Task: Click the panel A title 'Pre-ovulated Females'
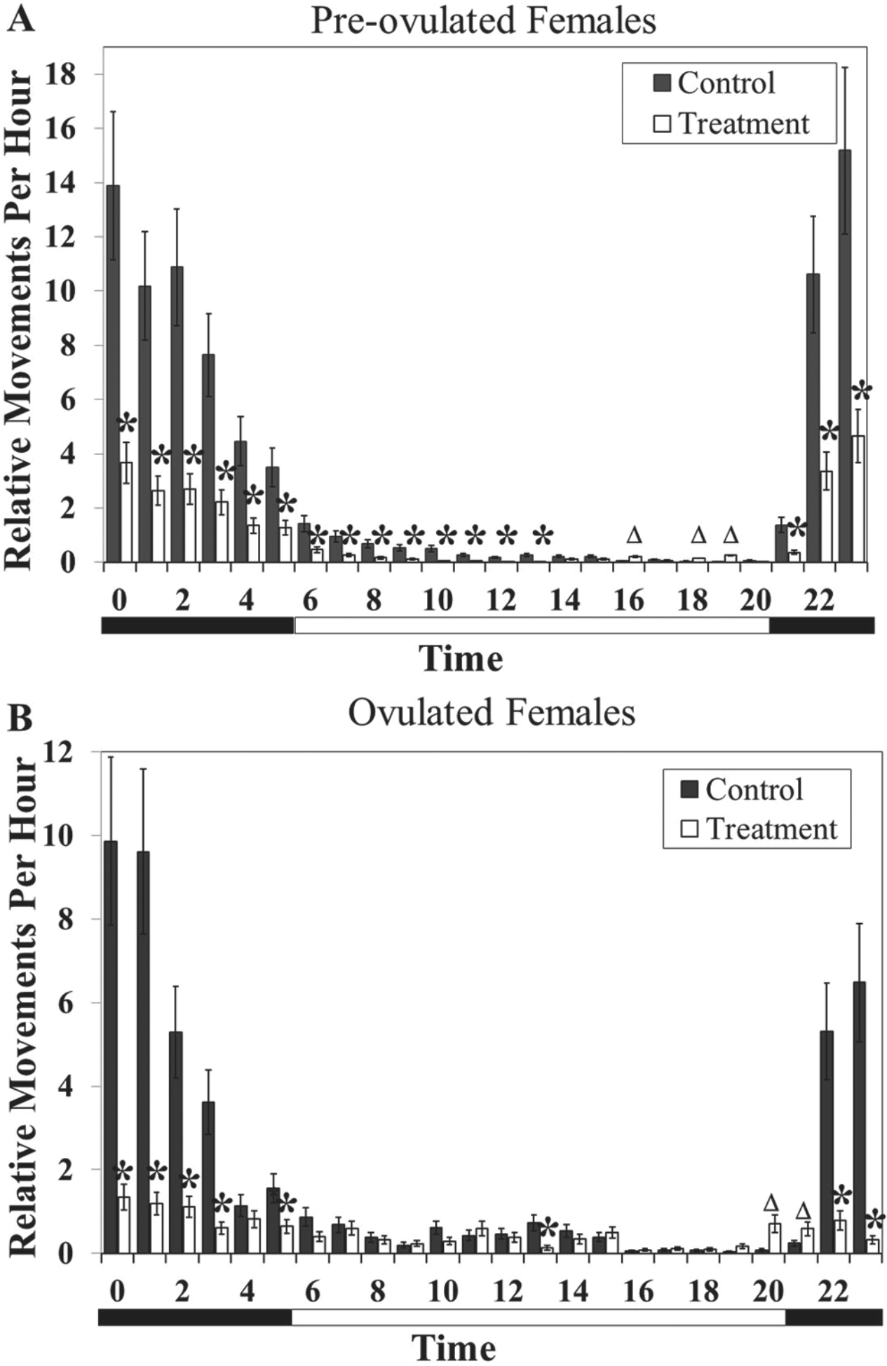(x=483, y=20)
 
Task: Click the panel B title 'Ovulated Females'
(x=492, y=713)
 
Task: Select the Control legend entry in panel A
(x=715, y=83)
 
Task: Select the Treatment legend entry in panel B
(x=759, y=828)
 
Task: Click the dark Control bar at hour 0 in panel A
(x=113, y=374)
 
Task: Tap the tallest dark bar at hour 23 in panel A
(x=846, y=356)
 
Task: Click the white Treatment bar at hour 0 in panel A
(x=126, y=512)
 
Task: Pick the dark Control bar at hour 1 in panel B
(x=143, y=1052)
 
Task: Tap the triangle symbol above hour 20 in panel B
(x=771, y=1203)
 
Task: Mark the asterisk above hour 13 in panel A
(x=543, y=538)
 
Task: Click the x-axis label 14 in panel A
(x=565, y=600)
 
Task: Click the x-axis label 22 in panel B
(x=832, y=1291)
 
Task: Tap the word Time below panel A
(x=461, y=659)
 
